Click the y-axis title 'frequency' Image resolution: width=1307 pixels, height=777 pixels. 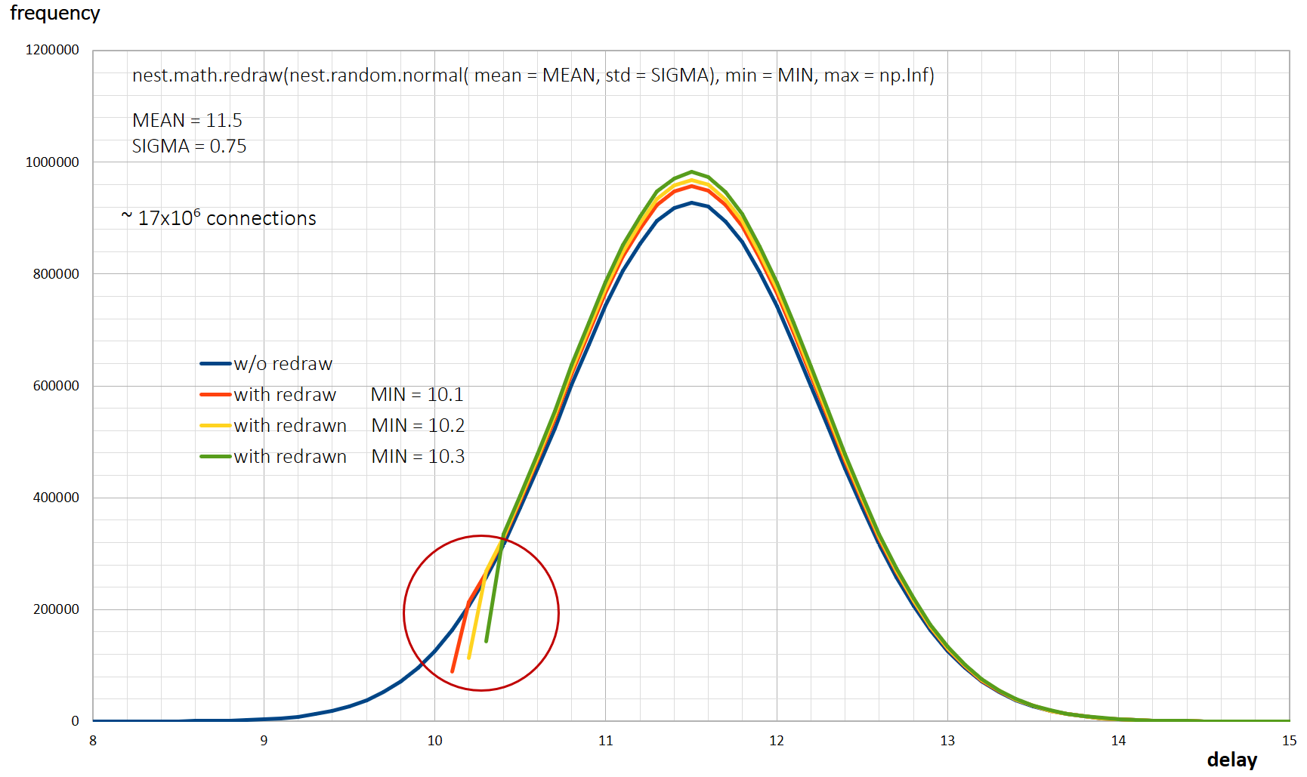pos(54,14)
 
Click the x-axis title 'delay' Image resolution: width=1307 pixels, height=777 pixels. pos(1231,760)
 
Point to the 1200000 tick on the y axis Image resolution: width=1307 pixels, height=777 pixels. pos(52,50)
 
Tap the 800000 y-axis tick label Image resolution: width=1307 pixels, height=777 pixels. pos(56,274)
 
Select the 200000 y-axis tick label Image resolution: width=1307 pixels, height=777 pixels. pos(56,609)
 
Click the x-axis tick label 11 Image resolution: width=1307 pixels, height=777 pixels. pos(605,741)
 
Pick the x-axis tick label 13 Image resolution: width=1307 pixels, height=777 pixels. pos(947,741)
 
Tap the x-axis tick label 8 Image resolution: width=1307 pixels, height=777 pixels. pos(93,741)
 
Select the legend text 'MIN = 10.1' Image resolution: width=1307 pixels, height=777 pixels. pos(417,395)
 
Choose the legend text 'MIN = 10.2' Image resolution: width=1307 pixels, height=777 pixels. pos(418,426)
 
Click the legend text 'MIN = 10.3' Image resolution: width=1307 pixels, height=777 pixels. pos(418,457)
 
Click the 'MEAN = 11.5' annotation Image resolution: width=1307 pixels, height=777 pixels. pos(187,121)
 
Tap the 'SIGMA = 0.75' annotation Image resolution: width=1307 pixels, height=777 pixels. pos(190,146)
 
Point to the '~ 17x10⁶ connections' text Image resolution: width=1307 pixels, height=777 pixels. pos(219,218)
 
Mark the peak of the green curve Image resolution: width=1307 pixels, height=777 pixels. pos(691,172)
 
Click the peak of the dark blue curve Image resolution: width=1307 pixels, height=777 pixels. pos(691,203)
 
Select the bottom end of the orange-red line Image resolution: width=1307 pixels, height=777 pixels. pos(453,671)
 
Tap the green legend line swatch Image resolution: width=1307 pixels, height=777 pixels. pos(215,457)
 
